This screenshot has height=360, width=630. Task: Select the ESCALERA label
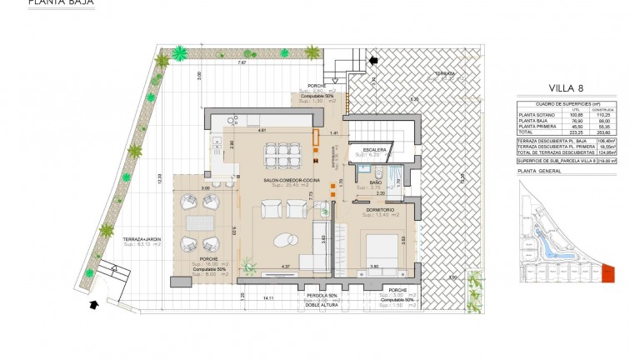(x=368, y=149)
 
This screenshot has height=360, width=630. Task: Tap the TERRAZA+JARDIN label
(x=142, y=239)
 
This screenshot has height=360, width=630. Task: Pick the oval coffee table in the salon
(x=284, y=240)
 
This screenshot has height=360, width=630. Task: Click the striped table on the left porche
(x=199, y=223)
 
